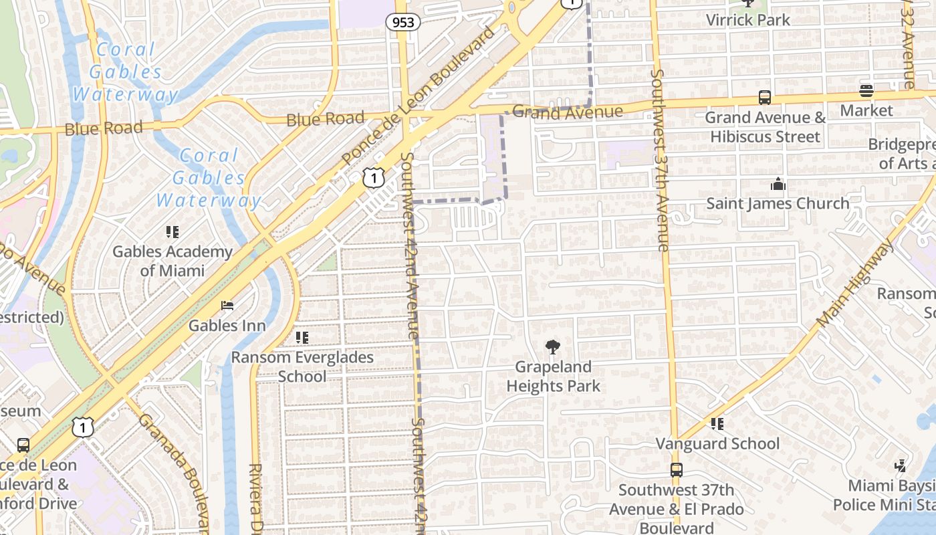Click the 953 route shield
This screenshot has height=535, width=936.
coord(402,22)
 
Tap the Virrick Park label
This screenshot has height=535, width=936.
coord(748,19)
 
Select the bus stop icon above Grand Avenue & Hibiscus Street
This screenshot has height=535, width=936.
coord(765,98)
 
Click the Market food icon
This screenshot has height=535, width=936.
coord(866,91)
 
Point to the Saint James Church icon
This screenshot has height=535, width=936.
coord(778,184)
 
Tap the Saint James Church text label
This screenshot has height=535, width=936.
coord(778,203)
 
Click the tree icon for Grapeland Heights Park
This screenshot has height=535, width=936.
coord(552,347)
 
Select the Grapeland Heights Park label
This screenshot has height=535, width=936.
coord(553,377)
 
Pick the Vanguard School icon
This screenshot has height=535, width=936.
coord(717,424)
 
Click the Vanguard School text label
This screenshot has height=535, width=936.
coord(717,443)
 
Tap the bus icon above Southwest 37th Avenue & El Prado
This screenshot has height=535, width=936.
coord(676,470)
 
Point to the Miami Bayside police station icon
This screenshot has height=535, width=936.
coord(901,466)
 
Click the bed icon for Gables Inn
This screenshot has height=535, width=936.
coord(227,306)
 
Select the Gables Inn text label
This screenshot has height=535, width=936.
coord(227,326)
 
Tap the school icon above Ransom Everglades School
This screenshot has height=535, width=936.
coord(302,338)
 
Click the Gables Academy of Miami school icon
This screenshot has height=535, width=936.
coord(172,232)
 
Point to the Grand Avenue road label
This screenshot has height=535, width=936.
coord(568,112)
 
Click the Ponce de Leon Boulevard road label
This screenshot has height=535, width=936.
coord(420,95)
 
